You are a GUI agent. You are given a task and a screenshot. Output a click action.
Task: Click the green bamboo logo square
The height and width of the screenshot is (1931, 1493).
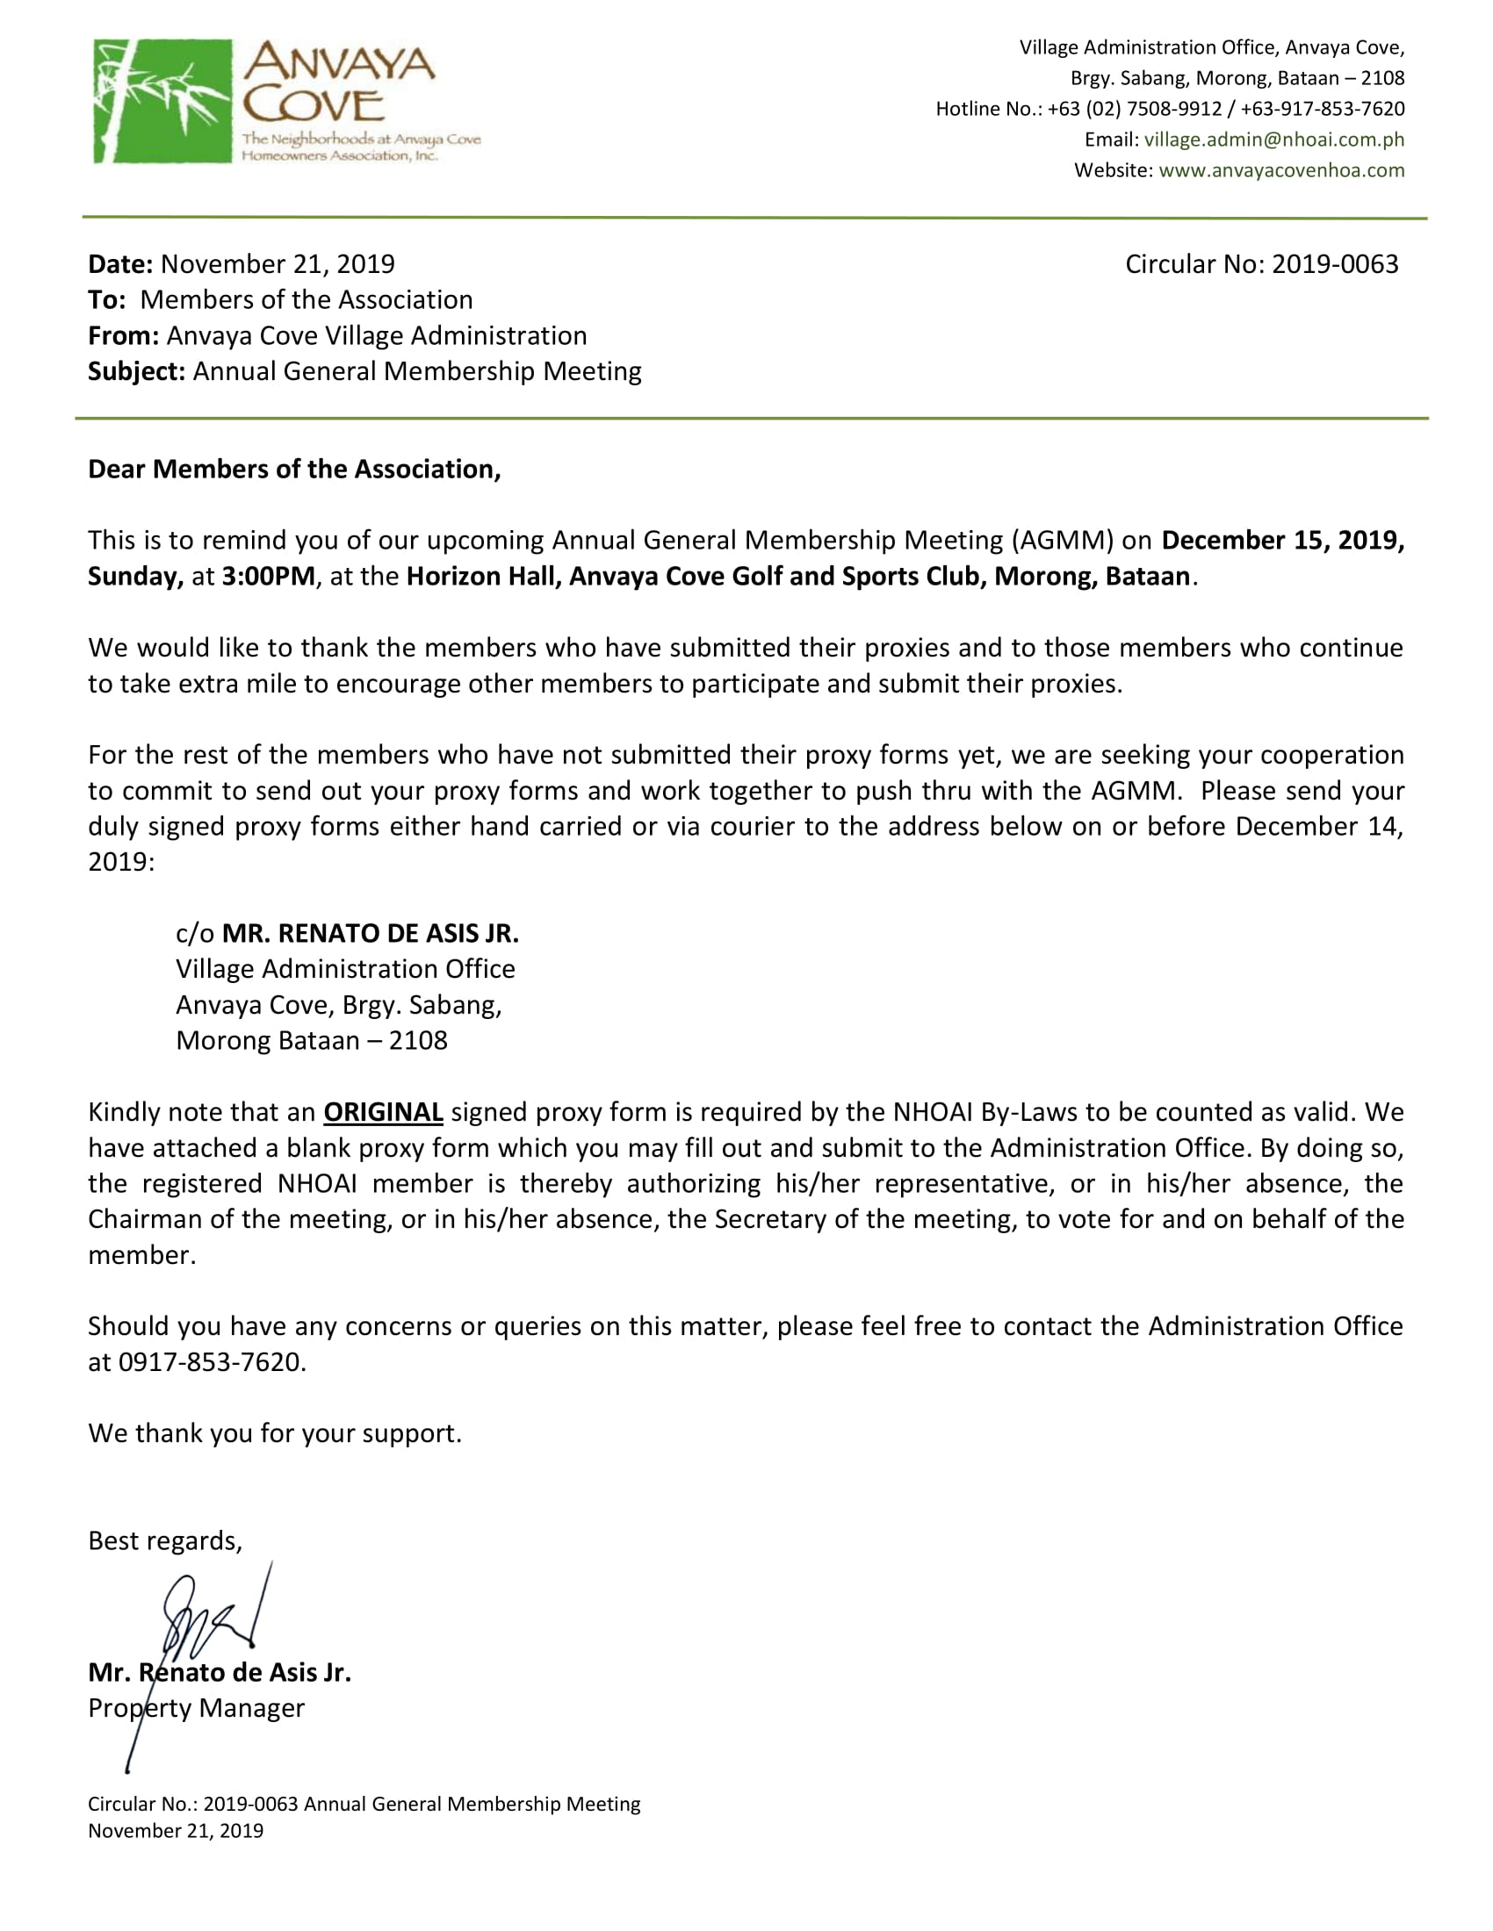[x=162, y=101]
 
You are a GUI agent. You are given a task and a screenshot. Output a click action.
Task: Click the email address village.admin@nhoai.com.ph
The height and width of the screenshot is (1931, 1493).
[x=1273, y=140]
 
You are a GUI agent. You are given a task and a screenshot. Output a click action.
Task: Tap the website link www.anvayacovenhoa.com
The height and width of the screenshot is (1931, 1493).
[x=1280, y=170]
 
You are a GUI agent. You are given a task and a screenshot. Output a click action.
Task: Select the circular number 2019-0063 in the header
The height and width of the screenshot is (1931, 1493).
[x=1336, y=264]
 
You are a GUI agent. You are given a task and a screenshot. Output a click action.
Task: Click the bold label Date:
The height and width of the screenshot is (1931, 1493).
[x=120, y=264]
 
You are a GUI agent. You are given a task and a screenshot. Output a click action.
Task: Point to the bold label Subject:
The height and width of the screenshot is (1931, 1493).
[x=136, y=371]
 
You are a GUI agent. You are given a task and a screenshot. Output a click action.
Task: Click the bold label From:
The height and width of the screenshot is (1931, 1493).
[x=123, y=336]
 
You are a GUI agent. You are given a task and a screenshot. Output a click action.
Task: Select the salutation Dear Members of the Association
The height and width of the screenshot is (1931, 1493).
[x=293, y=470]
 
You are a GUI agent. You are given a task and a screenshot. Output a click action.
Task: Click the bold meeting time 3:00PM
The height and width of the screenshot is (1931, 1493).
[x=268, y=577]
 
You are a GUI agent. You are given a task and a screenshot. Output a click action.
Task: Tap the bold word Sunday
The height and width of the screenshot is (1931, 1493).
[x=134, y=577]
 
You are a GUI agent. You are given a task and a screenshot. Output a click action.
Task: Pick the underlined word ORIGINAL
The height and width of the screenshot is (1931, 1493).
[x=383, y=1112]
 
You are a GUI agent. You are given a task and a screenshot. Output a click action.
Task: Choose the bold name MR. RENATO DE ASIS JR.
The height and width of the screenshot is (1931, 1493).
[x=370, y=934]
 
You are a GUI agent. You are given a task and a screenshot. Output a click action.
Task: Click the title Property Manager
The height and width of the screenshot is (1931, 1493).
[x=197, y=1708]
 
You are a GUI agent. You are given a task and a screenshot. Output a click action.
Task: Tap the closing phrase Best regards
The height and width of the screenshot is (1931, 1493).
[x=164, y=1541]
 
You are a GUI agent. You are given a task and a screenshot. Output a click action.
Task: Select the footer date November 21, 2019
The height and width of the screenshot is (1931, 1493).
[x=175, y=1831]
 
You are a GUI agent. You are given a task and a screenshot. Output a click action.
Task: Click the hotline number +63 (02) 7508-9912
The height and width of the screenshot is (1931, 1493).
[x=1135, y=109]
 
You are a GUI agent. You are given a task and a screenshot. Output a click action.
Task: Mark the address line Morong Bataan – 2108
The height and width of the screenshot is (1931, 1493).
[x=312, y=1041]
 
